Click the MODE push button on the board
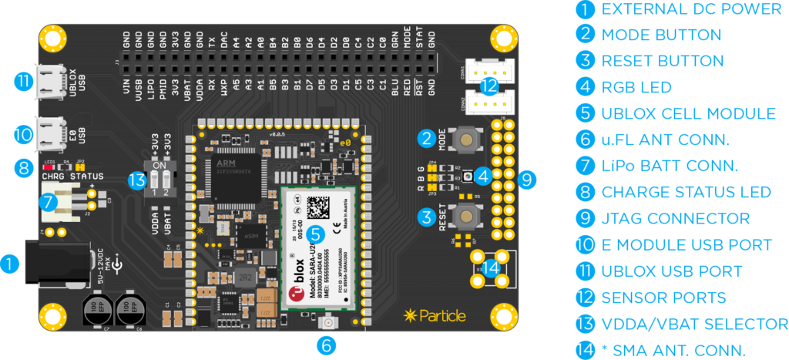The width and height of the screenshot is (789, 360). click(464, 140)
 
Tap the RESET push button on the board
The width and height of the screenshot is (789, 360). click(464, 216)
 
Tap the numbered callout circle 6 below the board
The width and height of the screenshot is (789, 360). click(327, 345)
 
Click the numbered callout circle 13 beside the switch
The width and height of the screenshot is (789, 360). click(138, 180)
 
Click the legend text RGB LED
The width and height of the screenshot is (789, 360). click(636, 87)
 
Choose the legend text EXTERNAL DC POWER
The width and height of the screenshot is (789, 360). click(691, 9)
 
